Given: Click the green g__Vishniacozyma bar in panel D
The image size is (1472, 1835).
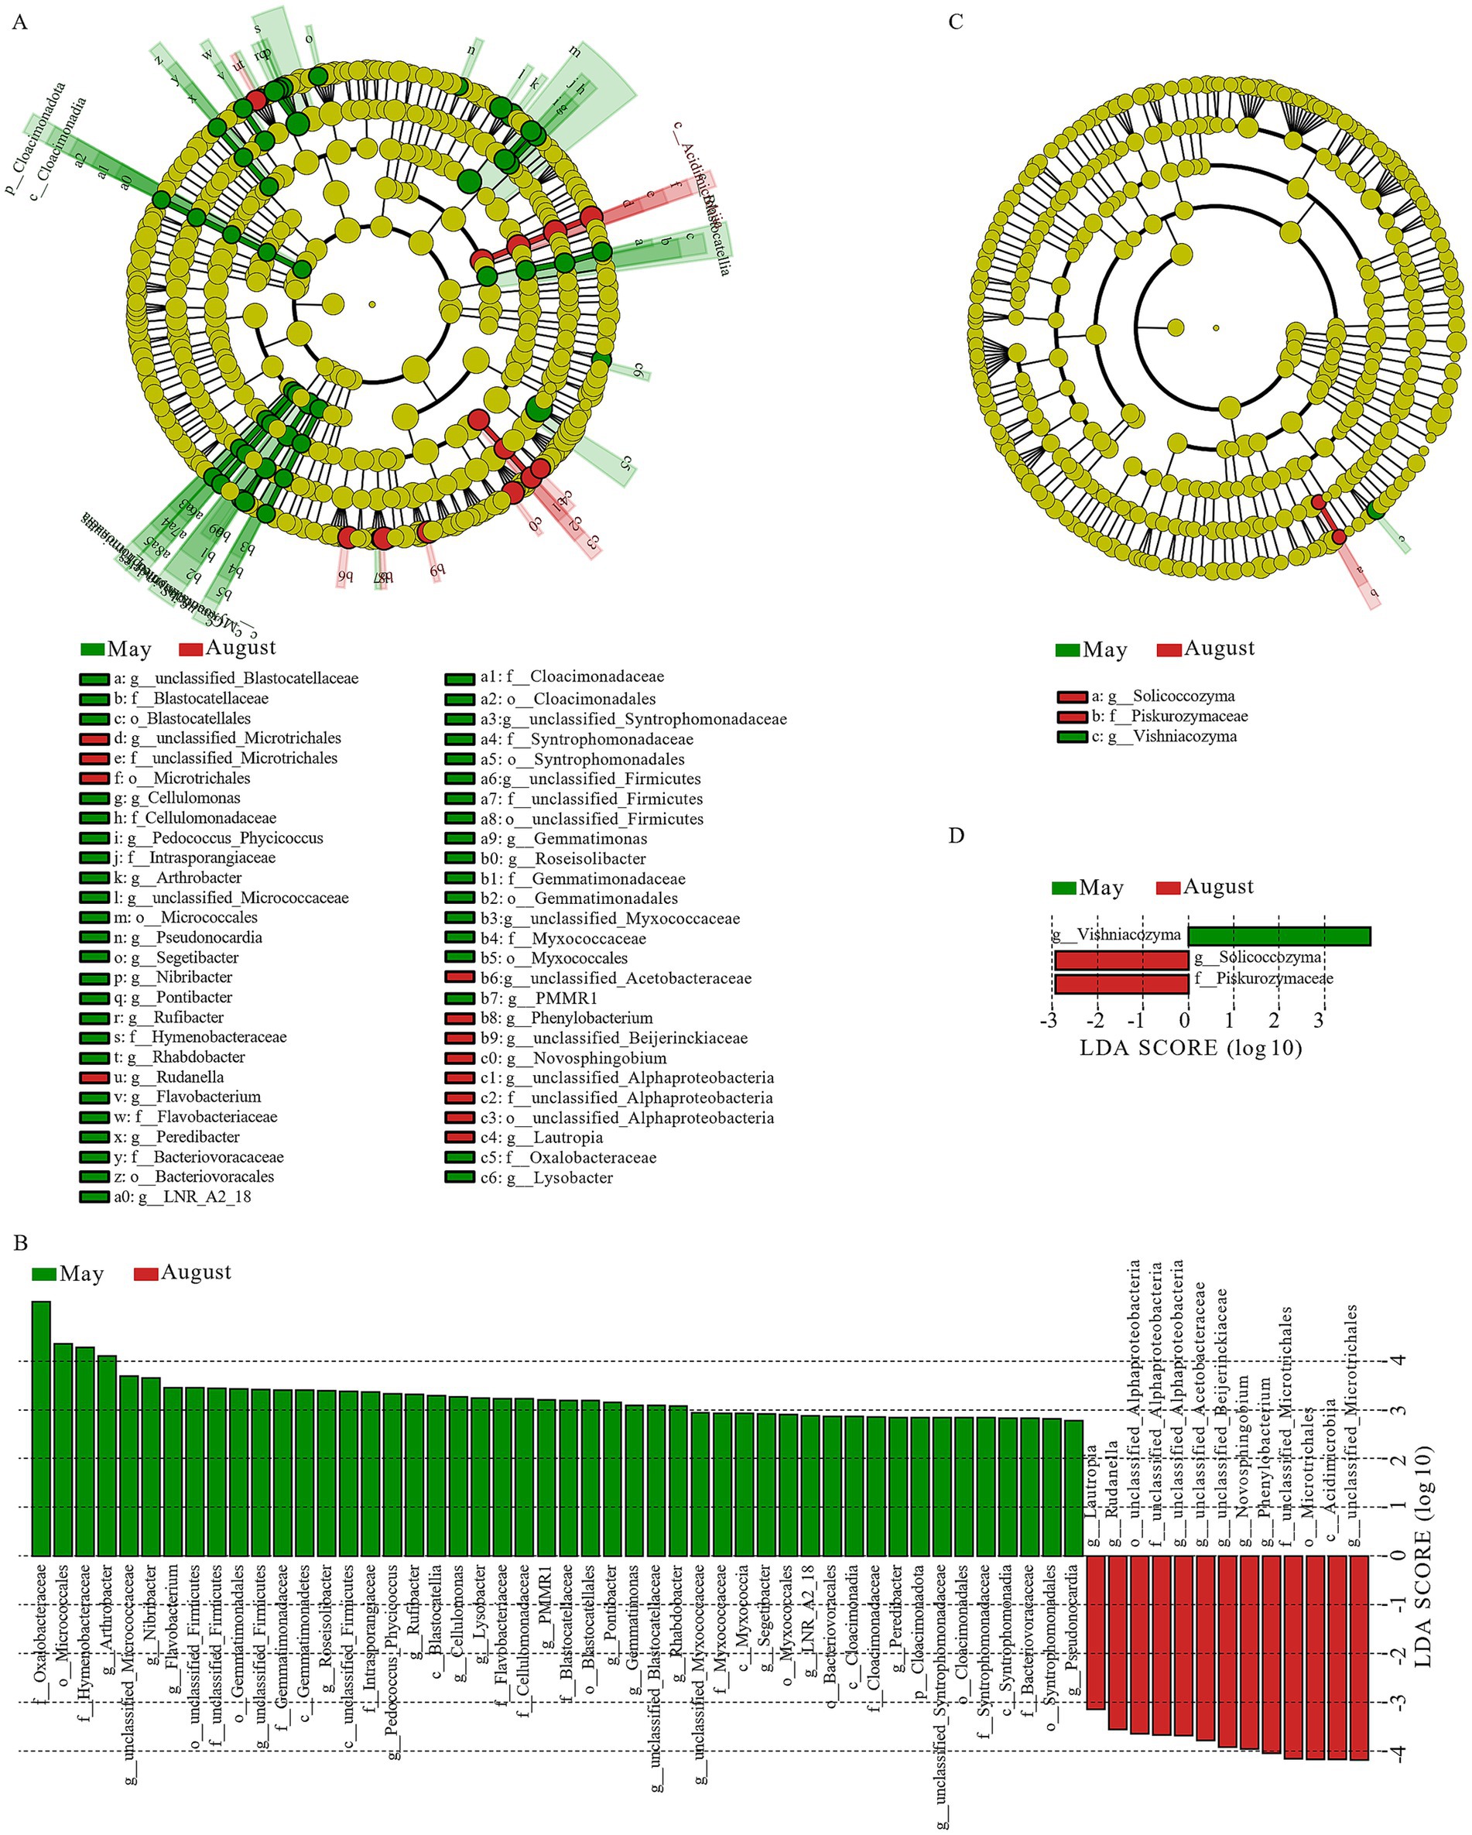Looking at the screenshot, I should [x=1279, y=936].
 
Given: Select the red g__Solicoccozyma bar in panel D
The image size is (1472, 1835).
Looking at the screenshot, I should [x=1121, y=960].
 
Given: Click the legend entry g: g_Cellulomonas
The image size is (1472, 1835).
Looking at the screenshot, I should [x=176, y=797].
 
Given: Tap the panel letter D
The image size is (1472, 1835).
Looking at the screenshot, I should [x=957, y=836].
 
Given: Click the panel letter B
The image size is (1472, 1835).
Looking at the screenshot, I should [x=20, y=1244].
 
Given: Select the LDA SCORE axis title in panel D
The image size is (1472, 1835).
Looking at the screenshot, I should [x=1190, y=1048].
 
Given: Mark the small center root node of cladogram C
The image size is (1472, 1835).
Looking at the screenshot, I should [x=1216, y=327].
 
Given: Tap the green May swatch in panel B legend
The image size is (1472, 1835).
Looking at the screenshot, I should [x=43, y=1274].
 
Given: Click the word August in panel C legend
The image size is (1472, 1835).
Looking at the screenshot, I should [x=1218, y=649].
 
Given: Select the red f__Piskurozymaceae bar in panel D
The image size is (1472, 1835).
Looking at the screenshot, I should [x=1121, y=984].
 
